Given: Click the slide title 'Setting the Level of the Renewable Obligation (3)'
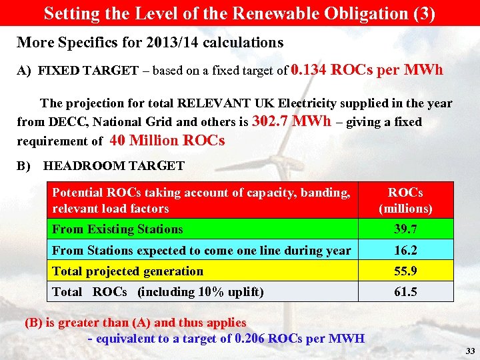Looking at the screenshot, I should (x=239, y=13).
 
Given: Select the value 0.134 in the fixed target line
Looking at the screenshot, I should (x=309, y=69).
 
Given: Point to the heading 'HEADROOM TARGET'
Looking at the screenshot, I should (x=113, y=165).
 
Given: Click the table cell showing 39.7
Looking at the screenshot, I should (x=405, y=229).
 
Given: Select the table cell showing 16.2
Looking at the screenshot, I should (x=405, y=251).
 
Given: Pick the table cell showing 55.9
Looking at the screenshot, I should (x=405, y=271).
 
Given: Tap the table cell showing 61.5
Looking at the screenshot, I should (x=405, y=292).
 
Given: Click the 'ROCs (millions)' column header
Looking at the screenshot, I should (x=405, y=201).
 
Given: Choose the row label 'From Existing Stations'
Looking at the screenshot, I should (x=117, y=229).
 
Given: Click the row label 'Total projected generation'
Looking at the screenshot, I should (x=127, y=271).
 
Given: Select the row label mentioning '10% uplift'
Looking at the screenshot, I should (x=158, y=292).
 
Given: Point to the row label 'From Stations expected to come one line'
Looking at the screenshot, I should (x=201, y=251).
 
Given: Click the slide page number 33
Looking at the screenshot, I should (x=470, y=351).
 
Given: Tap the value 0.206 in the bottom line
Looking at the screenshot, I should (x=251, y=338).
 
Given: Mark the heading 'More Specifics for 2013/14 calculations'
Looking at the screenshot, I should (x=150, y=43).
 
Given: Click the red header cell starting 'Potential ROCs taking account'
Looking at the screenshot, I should (x=201, y=201).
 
